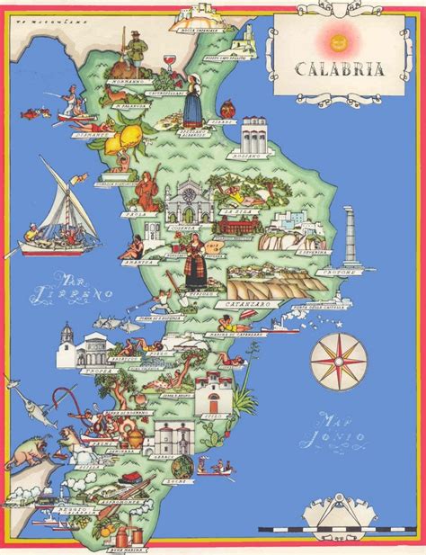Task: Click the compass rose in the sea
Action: click(339, 361)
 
